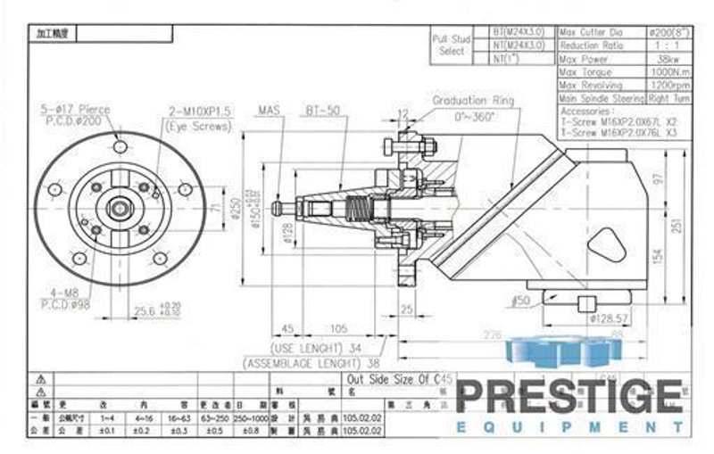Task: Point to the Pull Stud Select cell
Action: coord(452,45)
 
